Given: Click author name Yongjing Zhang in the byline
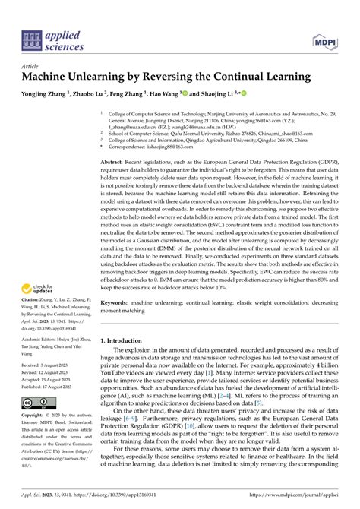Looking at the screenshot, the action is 46,94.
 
